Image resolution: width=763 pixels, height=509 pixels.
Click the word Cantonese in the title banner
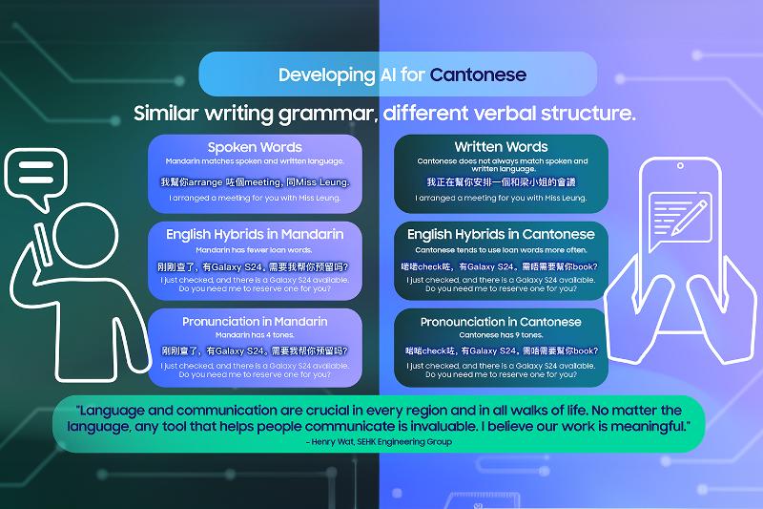[x=477, y=74]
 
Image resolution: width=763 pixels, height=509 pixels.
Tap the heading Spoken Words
[x=255, y=147]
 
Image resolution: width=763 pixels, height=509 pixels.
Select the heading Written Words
[x=501, y=147]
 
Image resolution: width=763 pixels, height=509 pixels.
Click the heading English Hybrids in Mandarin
[x=255, y=234]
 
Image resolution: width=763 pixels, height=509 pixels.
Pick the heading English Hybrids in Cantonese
[x=501, y=234]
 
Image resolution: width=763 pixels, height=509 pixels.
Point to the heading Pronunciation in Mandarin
[x=255, y=322]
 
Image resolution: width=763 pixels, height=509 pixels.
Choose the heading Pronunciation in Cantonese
[x=501, y=322]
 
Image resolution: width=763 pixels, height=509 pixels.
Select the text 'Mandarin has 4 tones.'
[x=255, y=335]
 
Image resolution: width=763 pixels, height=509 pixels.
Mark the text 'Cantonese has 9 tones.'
[x=501, y=335]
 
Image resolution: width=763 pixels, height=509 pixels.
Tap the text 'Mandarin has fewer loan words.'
[x=255, y=248]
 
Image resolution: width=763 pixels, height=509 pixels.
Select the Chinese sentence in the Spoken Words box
[x=255, y=181]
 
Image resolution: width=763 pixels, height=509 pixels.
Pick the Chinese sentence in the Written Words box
[x=501, y=181]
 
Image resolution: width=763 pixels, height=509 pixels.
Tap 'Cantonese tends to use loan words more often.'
[x=501, y=248]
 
